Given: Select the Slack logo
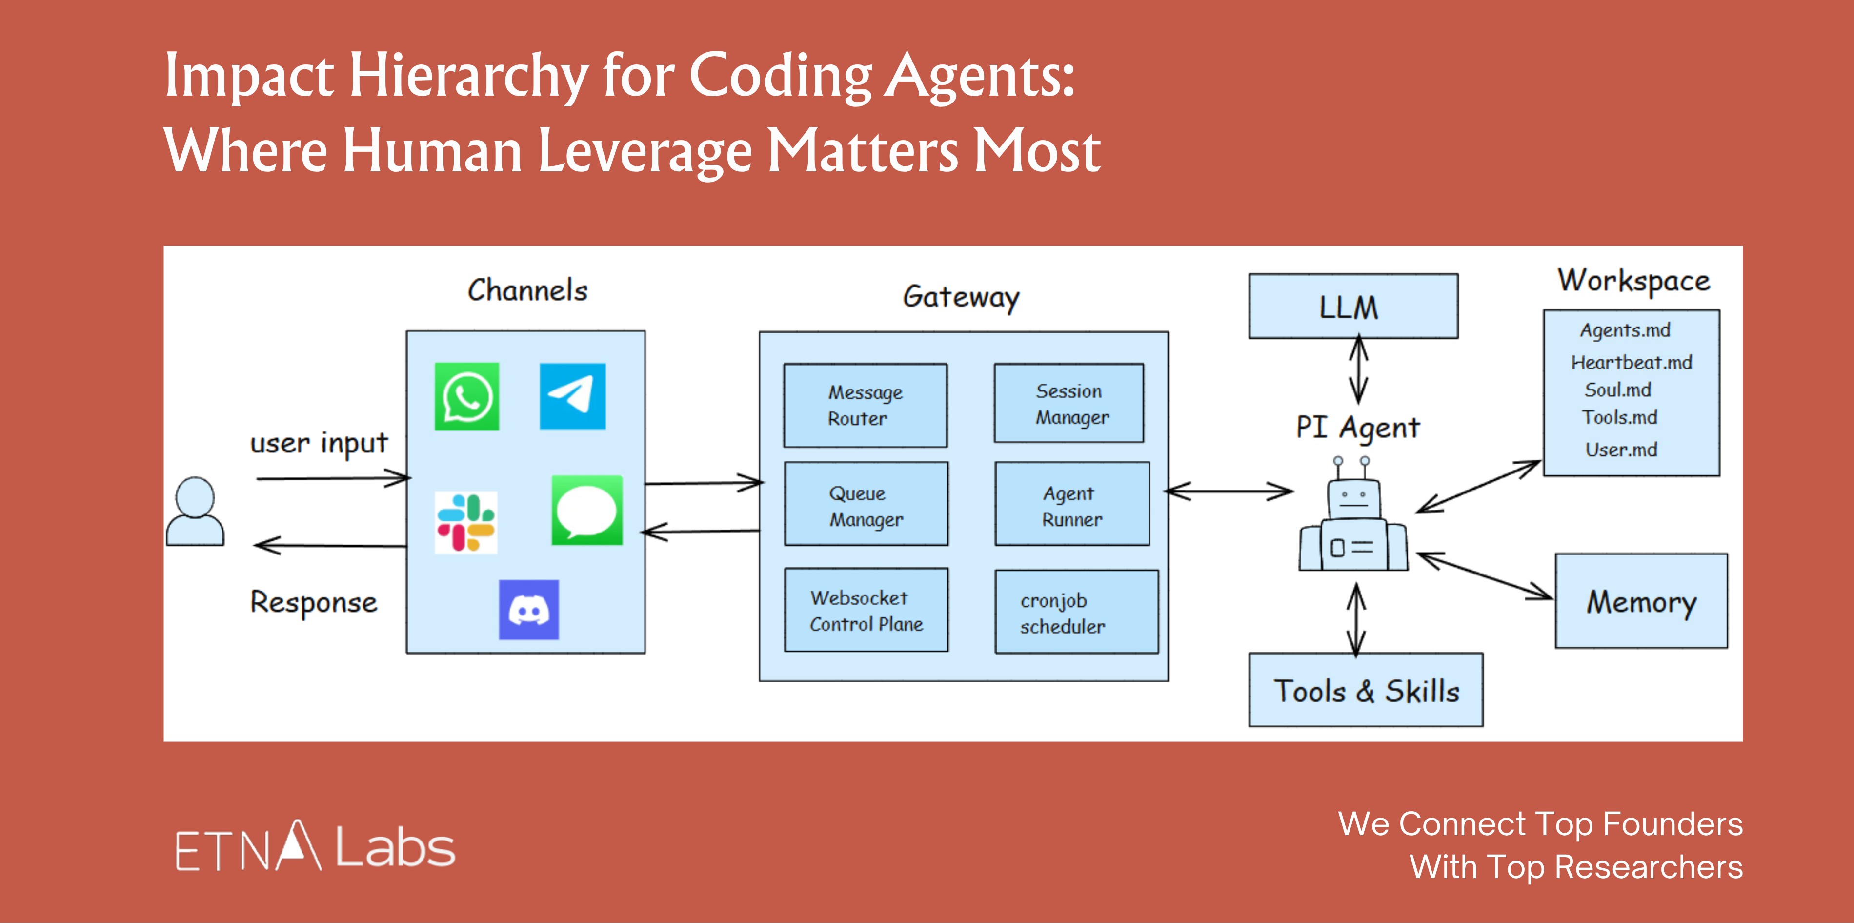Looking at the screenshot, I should (465, 522).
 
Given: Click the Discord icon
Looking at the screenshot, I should (529, 610).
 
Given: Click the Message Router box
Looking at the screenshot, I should (865, 405).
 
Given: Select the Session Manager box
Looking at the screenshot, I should (1069, 403).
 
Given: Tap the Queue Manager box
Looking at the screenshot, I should (866, 504).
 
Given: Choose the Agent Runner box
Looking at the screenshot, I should (1072, 504).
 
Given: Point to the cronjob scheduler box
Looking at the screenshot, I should (1076, 612).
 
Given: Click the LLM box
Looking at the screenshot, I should (1353, 306).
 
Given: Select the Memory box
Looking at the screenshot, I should (1641, 601).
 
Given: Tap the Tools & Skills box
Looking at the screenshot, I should (1365, 690).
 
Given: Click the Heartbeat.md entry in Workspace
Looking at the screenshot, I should (1631, 362).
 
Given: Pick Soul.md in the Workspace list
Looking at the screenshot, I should (1618, 390).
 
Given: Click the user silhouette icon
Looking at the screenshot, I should (195, 511).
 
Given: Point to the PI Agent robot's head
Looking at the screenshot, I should (1353, 498).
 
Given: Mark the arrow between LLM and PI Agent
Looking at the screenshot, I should (1358, 370).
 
